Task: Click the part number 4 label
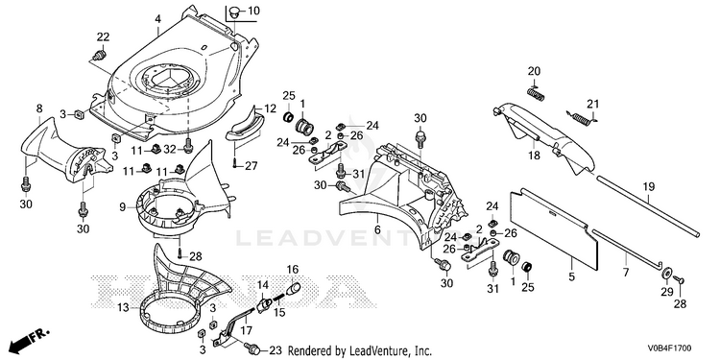click(158, 19)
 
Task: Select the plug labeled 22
click(98, 56)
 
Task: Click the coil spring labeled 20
click(536, 93)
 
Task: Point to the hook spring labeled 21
click(582, 118)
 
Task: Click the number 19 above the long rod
click(649, 187)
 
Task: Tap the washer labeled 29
click(665, 274)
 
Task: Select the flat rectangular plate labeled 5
click(554, 230)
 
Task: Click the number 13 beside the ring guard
click(123, 307)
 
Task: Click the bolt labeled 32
click(188, 148)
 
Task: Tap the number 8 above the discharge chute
click(39, 108)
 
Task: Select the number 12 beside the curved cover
click(271, 109)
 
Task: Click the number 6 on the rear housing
click(377, 229)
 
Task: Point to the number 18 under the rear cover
click(534, 156)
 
